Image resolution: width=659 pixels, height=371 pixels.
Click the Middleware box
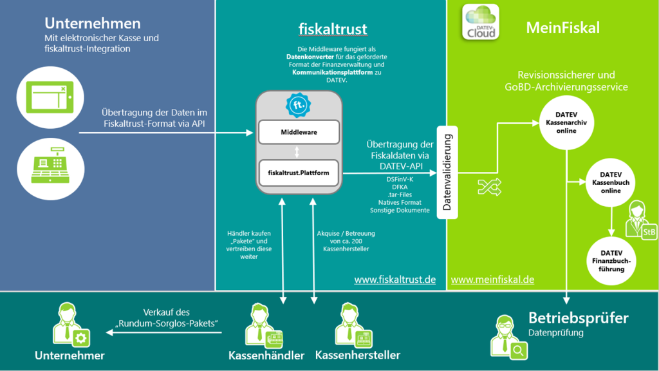pos(299,132)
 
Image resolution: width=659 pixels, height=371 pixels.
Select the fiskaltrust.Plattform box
pos(299,173)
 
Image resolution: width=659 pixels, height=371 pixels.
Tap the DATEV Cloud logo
pos(481,22)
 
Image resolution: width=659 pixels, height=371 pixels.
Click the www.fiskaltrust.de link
pos(394,280)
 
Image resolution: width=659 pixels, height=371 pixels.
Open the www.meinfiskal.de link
pos(492,280)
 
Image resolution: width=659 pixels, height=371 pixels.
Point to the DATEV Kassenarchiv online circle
pos(566,123)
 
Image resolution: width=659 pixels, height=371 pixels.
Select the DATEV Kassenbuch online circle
pos(610,182)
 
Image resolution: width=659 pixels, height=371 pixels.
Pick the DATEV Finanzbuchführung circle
pos(611,261)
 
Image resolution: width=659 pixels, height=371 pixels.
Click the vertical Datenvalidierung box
pos(447,173)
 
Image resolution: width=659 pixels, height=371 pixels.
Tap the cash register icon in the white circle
pos(50,168)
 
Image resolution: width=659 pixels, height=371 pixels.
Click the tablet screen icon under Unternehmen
pos(50,97)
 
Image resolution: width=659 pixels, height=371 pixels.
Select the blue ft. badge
pos(299,105)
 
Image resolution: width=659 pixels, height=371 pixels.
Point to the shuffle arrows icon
pos(490,187)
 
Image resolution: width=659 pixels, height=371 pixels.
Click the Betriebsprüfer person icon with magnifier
pos(508,338)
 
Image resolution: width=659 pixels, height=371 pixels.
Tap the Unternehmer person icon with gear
pos(71,325)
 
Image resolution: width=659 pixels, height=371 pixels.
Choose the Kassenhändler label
pos(266,356)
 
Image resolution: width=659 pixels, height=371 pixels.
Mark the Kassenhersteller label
pos(358,355)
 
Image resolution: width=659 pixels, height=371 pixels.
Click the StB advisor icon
pos(641,220)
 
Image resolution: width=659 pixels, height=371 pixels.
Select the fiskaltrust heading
pos(333,29)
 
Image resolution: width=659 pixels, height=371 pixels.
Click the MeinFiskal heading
pos(562,28)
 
